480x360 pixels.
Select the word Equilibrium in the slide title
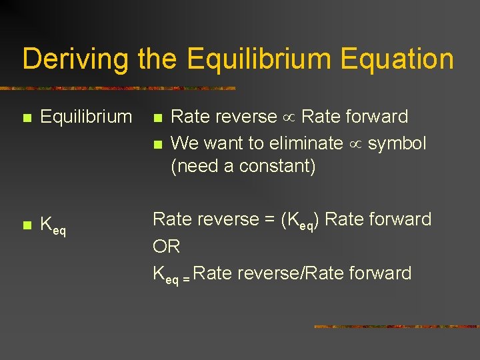pyautogui.click(x=261, y=59)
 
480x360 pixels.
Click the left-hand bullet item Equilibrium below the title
pyautogui.click(x=86, y=117)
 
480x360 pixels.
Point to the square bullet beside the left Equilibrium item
pyautogui.click(x=26, y=118)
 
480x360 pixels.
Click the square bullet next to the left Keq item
pyautogui.click(x=26, y=225)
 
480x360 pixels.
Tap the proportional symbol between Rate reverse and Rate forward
pyautogui.click(x=289, y=118)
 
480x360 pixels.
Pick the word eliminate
pyautogui.click(x=305, y=143)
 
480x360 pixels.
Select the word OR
pyautogui.click(x=167, y=247)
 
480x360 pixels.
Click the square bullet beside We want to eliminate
pyautogui.click(x=157, y=144)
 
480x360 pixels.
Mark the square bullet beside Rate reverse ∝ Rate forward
pyautogui.click(x=157, y=118)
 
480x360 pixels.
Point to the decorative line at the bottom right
pyautogui.click(x=396, y=327)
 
